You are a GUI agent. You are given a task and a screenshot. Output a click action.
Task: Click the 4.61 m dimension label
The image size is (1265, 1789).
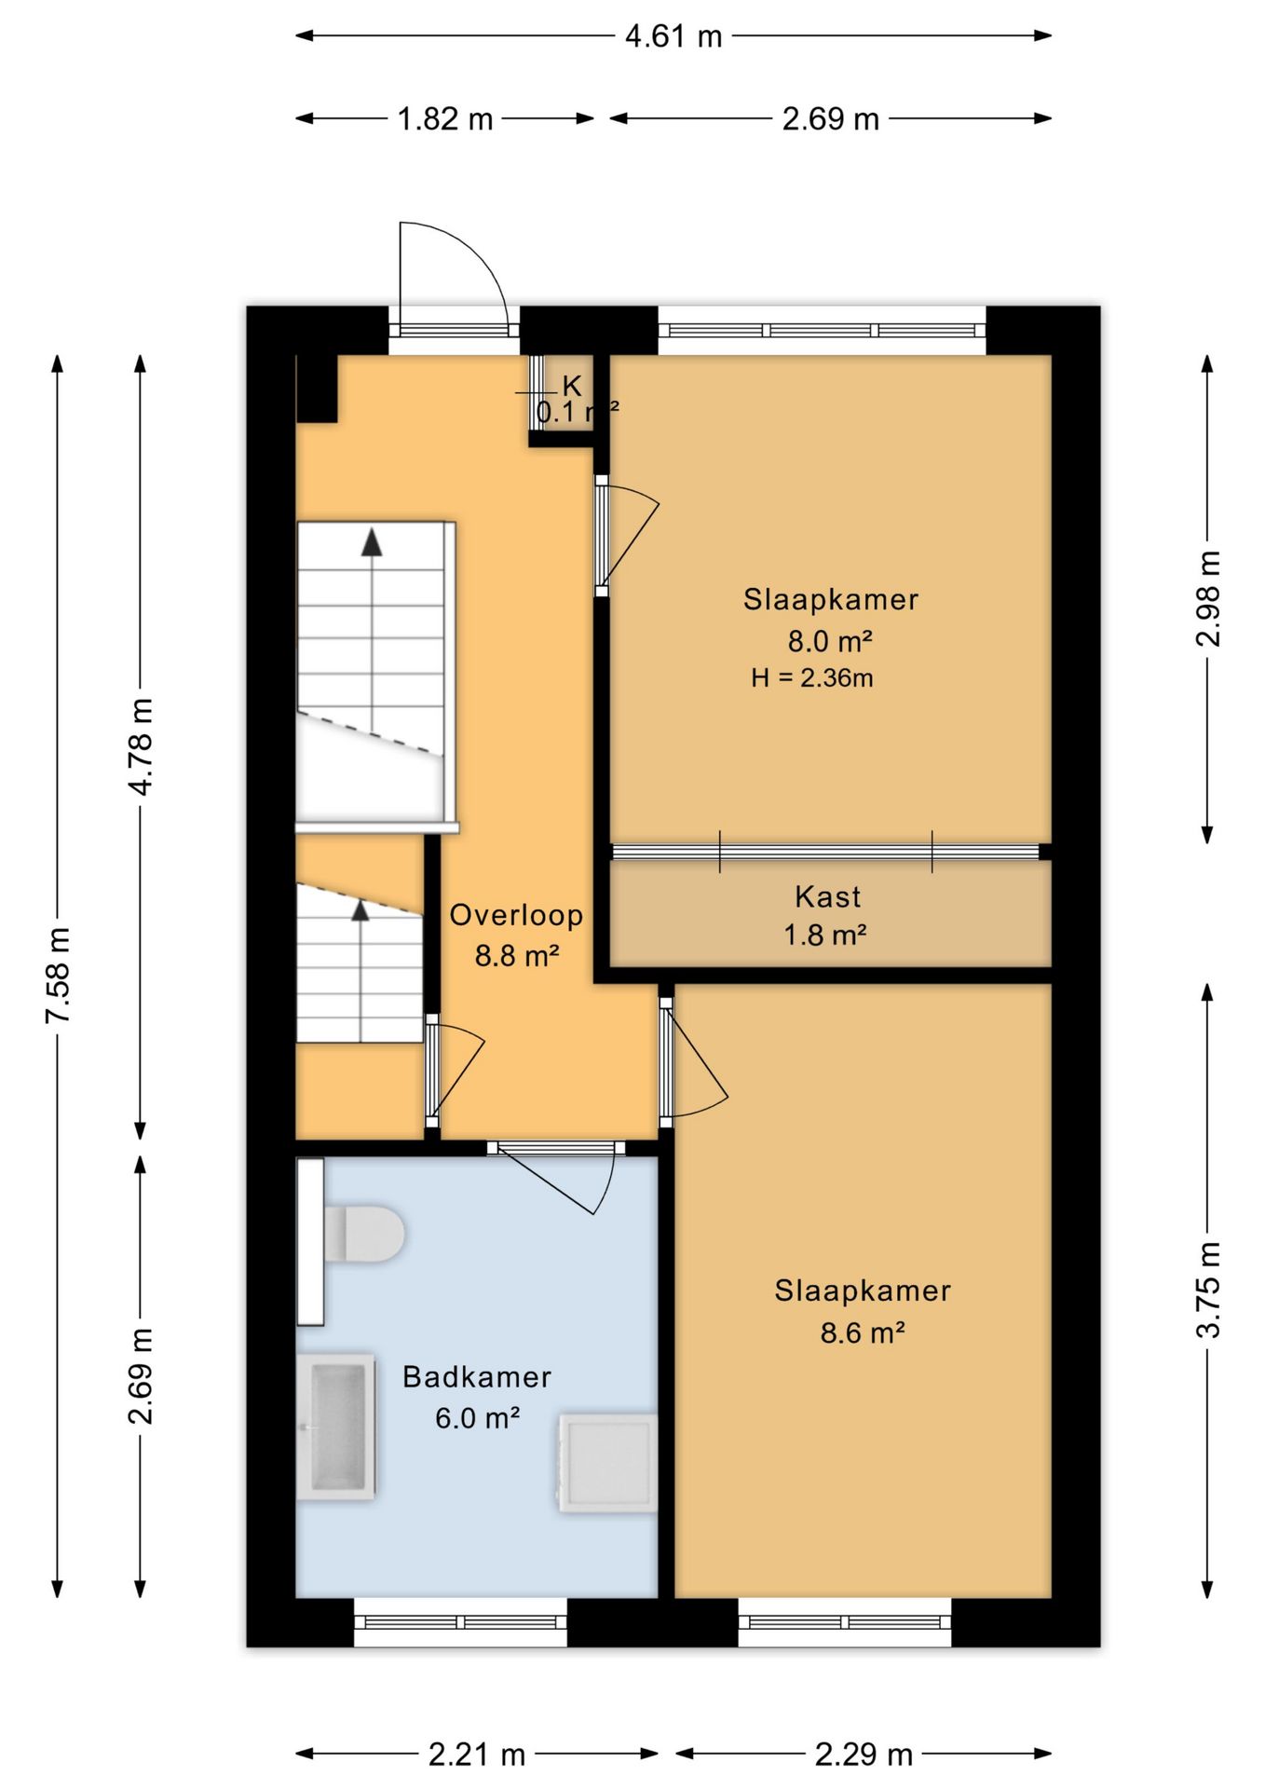[x=673, y=36]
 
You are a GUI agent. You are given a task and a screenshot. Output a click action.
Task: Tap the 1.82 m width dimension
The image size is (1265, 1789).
[x=445, y=119]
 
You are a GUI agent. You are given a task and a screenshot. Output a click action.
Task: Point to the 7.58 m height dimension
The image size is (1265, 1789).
[x=58, y=976]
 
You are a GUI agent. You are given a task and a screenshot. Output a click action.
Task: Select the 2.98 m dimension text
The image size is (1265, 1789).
[x=1207, y=599]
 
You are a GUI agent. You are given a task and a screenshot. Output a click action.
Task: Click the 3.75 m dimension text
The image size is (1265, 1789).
[x=1207, y=1290]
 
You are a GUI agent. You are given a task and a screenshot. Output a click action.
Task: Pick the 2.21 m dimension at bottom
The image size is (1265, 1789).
[x=477, y=1755]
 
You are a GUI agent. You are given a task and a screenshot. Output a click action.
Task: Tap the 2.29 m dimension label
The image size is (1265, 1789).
[x=864, y=1755]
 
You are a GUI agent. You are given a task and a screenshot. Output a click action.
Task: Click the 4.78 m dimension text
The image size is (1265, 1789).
[x=141, y=747]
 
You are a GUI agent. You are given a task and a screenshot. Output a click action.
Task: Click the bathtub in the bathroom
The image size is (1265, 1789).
[x=336, y=1427]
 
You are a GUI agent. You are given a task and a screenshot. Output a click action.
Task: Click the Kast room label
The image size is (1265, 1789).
[x=827, y=897]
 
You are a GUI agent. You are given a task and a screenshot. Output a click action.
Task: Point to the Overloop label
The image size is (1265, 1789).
[x=516, y=916]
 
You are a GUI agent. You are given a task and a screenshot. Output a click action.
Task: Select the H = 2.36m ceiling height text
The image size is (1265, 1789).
[x=812, y=678]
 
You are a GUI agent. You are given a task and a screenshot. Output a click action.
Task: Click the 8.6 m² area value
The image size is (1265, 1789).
[x=863, y=1333]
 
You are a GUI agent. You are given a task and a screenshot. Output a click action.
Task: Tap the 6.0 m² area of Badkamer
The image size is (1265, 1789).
[x=477, y=1418]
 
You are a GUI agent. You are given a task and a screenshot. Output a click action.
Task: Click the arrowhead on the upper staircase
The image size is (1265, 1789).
[x=372, y=542]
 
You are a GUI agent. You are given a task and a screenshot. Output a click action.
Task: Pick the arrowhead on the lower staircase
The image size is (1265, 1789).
[x=360, y=910]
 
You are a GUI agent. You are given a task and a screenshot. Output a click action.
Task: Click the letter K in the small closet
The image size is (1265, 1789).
[x=572, y=386]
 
